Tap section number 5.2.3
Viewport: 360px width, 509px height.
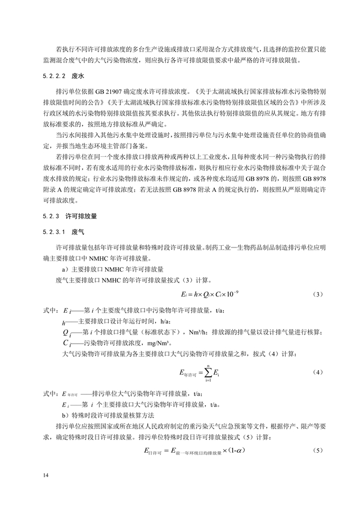point(52,216)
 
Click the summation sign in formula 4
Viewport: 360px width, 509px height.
point(208,372)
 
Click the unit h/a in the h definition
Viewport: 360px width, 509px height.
point(151,321)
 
